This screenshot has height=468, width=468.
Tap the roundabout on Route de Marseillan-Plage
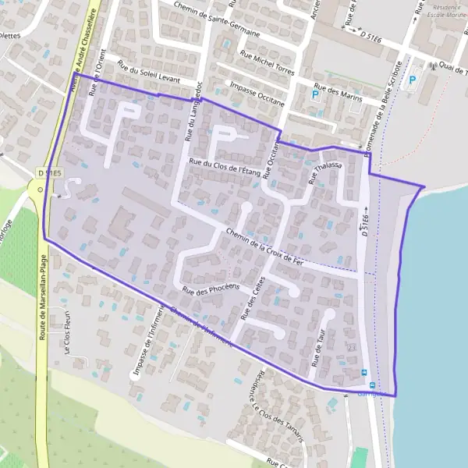pyautogui.click(x=37, y=189)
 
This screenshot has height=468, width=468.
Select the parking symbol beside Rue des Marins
pyautogui.click(x=316, y=94)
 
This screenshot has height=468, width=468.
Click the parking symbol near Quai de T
pyautogui.click(x=413, y=79)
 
